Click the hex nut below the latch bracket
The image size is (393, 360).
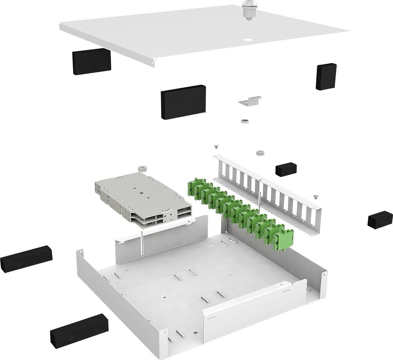244,121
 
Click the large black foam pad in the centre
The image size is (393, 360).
183,102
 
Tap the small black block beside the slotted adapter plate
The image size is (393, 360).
286,168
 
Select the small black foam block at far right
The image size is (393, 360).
380,220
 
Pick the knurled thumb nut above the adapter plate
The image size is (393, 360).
260,153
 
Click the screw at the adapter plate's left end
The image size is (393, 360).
216,147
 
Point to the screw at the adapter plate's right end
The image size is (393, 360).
316,197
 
